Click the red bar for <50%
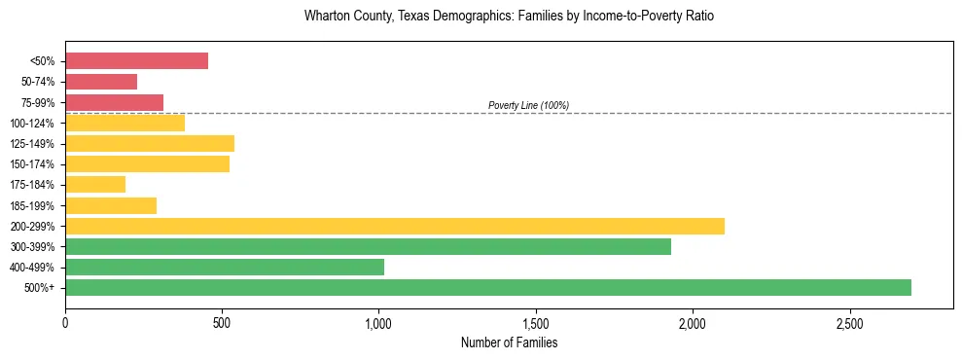136,60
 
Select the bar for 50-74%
101,82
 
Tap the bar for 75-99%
114,102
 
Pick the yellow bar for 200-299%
394,226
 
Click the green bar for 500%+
487,287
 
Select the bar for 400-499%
225,267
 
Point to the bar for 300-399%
368,246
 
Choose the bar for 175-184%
95,184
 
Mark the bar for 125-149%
150,143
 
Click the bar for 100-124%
125,123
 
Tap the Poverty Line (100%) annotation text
528,105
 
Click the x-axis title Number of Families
509,342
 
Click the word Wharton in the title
326,17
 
